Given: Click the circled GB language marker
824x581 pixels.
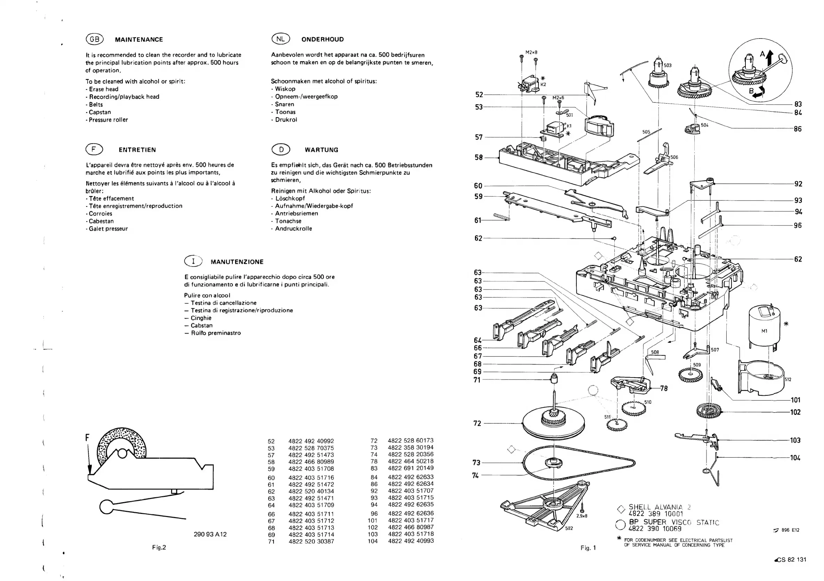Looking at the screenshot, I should coord(94,39).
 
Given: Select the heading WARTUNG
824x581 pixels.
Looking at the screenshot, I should coord(321,150).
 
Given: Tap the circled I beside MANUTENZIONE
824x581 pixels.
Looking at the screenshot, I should coord(193,261).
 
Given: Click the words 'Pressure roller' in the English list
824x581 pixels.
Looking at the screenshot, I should coord(108,120).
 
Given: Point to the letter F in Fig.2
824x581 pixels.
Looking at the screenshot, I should coord(87,437).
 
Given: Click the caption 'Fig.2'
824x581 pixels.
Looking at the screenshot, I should coord(159,547).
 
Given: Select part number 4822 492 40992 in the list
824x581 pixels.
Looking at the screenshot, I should coord(311,441).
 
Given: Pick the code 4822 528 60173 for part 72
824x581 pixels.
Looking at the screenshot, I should coord(410,440).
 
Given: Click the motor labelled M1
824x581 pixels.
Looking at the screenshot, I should coord(764,331).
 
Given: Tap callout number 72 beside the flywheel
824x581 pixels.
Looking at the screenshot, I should coord(477,423).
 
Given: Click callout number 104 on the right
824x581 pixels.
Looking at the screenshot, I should coord(795,458).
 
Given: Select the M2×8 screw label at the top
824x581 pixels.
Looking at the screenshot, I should coord(531,52).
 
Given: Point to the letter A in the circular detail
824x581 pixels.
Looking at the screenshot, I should coord(762,54).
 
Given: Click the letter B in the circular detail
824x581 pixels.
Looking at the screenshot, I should coord(751,91).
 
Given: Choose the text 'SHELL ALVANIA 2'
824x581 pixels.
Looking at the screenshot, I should coord(659,507).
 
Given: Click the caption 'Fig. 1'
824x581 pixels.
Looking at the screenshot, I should coord(588,548).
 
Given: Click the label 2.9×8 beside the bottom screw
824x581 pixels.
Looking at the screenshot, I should coord(582,516).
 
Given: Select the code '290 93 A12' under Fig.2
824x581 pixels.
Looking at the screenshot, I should coord(210,534).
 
